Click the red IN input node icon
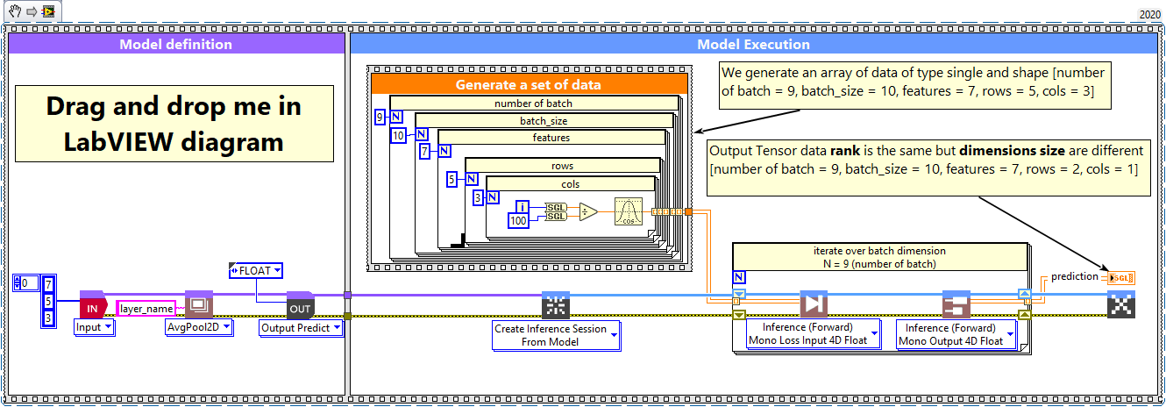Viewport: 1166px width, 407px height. [x=91, y=306]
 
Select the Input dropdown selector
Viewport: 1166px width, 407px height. [x=95, y=327]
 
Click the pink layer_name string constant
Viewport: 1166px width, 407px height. [x=146, y=308]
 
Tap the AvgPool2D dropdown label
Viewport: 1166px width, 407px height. [x=199, y=327]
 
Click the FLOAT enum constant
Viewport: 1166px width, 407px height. [x=255, y=271]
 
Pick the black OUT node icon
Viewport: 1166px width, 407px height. [x=300, y=306]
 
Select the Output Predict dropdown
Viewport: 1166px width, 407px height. [x=301, y=328]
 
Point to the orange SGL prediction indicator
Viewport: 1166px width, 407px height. [x=1121, y=278]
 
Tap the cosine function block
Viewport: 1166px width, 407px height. [x=629, y=211]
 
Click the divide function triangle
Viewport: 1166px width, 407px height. [x=587, y=211]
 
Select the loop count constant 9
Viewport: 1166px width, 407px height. [x=380, y=116]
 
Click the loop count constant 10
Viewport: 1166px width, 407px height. [x=398, y=134]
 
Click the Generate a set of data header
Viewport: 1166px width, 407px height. [x=528, y=85]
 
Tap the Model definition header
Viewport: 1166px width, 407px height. [x=175, y=44]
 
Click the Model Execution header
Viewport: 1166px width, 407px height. [x=753, y=44]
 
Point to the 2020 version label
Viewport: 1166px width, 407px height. [x=1149, y=14]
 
